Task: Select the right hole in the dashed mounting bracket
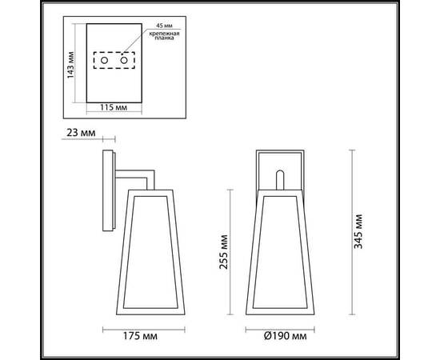[x=126, y=62]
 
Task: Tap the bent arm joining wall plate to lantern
[x=140, y=174]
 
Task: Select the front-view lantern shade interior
[x=279, y=248]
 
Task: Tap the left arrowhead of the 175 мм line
[x=105, y=327]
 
